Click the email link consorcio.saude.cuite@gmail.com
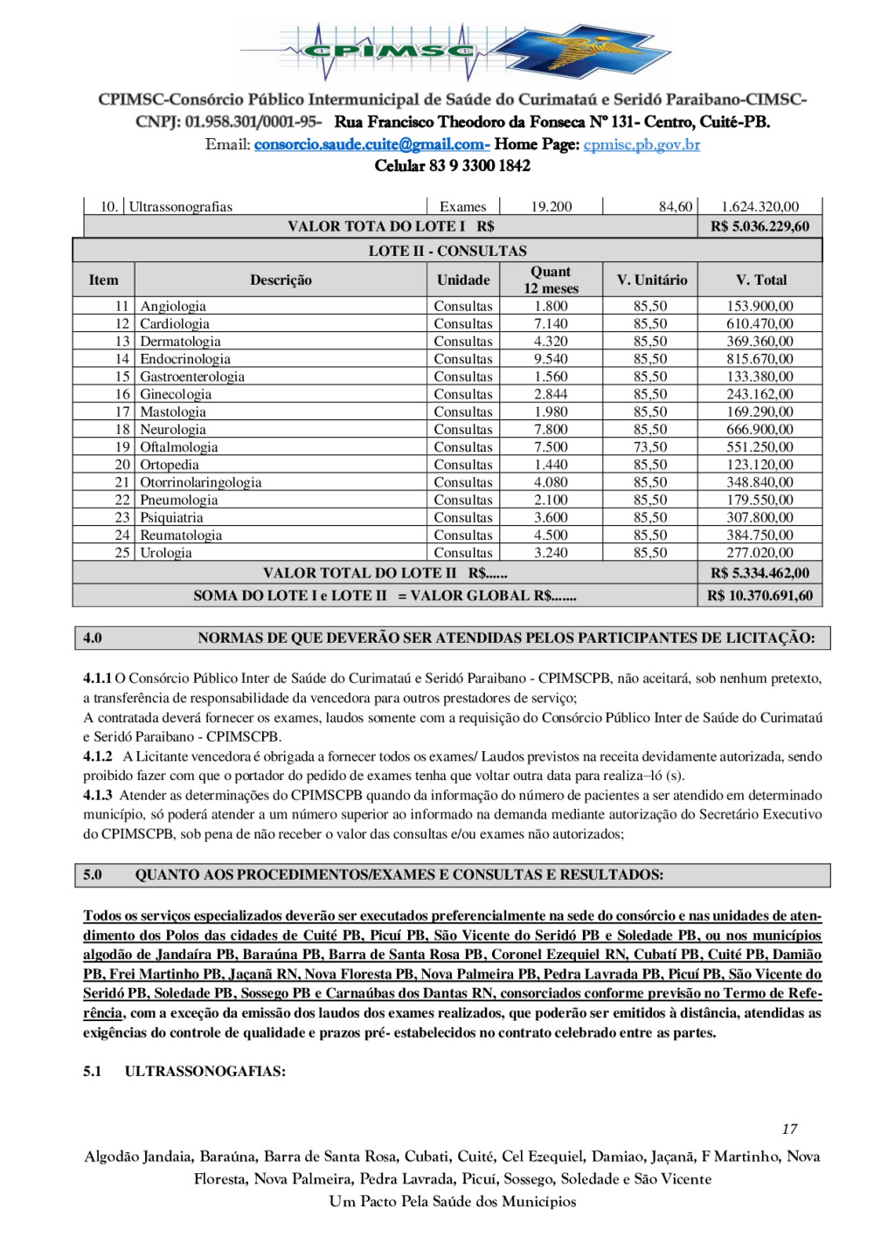tap(371, 144)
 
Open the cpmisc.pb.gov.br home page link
tap(642, 144)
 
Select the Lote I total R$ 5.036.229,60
tap(760, 226)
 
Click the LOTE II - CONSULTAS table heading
tap(447, 251)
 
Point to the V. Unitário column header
tap(651, 280)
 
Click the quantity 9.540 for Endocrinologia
tap(551, 359)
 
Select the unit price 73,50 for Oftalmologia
tap(650, 447)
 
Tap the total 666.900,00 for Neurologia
tap(760, 430)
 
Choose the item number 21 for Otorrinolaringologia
tap(122, 482)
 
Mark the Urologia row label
tap(166, 553)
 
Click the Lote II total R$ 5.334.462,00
tap(760, 573)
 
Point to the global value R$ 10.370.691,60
tap(760, 596)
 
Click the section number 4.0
tap(93, 638)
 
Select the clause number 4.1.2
tap(98, 756)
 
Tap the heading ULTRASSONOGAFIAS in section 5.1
tap(205, 1071)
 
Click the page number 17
tap(789, 1129)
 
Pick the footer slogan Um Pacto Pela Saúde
tap(453, 1202)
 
